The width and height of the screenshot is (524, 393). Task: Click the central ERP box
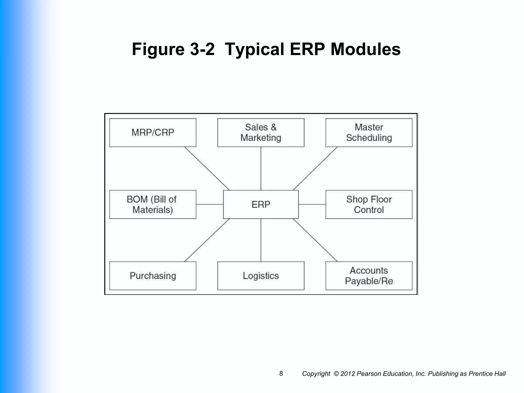point(261,204)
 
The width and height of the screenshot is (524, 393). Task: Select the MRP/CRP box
point(153,133)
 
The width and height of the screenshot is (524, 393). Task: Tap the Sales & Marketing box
point(261,133)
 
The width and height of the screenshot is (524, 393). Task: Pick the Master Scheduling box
point(369,133)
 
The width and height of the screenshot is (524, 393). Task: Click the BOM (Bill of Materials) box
point(153,204)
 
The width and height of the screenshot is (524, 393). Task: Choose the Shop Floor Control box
point(369,204)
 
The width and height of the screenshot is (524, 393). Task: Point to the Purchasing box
point(153,276)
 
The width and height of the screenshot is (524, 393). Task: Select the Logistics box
point(261,276)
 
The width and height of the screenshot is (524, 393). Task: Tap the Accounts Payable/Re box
point(369,276)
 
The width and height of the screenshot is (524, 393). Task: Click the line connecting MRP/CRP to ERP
point(207,168)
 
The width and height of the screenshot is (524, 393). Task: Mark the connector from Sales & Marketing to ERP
point(261,168)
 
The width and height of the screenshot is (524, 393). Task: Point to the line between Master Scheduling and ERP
point(315,168)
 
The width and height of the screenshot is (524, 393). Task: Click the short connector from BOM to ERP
point(210,204)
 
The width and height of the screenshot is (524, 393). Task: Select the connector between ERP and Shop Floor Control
point(312,204)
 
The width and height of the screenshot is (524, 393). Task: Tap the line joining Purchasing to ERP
point(207,240)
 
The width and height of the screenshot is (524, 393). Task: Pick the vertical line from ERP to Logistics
point(261,240)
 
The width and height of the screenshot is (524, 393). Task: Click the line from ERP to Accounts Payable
point(315,240)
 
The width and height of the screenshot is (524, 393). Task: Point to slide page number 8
point(281,374)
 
